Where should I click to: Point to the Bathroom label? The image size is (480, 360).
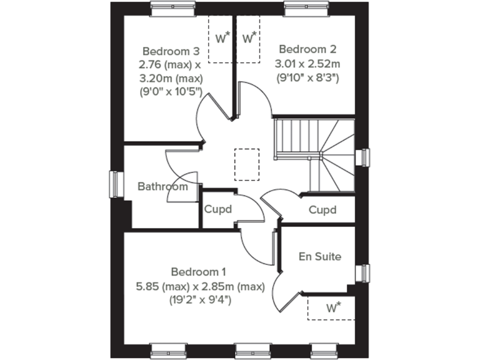162,186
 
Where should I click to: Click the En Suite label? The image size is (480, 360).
319,256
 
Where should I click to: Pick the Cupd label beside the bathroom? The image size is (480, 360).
217,209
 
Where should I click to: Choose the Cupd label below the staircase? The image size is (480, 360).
322,210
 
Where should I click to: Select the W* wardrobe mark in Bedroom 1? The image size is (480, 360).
333,307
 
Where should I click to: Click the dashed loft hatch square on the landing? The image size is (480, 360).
246,164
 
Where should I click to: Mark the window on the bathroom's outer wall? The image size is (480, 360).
115,184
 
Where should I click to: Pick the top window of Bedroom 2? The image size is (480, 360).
302,7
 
